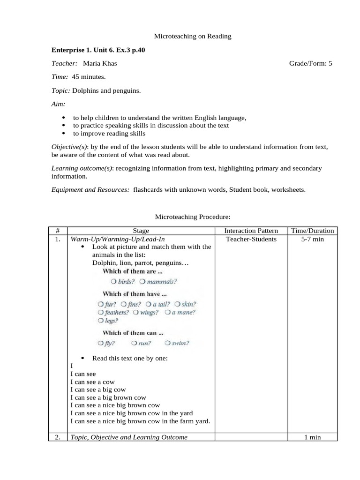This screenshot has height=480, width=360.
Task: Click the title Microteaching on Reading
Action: pyautogui.click(x=187, y=36)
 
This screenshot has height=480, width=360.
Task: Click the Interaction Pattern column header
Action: pyautogui.click(x=251, y=231)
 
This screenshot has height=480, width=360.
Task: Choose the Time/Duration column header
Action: pyautogui.click(x=312, y=231)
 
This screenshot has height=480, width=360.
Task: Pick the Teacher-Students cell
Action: pyautogui.click(x=251, y=239)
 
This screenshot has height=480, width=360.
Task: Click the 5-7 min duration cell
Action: pyautogui.click(x=312, y=239)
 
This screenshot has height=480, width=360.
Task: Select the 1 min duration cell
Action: pyautogui.click(x=312, y=437)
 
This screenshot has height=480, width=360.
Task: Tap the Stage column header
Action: pyautogui.click(x=141, y=231)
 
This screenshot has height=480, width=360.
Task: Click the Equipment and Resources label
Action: pyautogui.click(x=90, y=189)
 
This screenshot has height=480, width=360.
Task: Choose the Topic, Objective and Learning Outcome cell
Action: pyautogui.click(x=129, y=437)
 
